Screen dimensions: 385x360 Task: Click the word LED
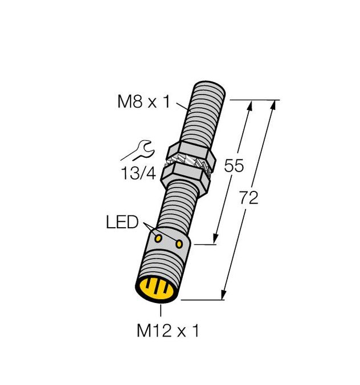[122, 222]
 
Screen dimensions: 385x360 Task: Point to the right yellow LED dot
[179, 244]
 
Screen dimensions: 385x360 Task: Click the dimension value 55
[234, 166]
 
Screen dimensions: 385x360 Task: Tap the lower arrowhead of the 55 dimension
[216, 239]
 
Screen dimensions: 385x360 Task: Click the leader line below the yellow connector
[162, 311]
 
